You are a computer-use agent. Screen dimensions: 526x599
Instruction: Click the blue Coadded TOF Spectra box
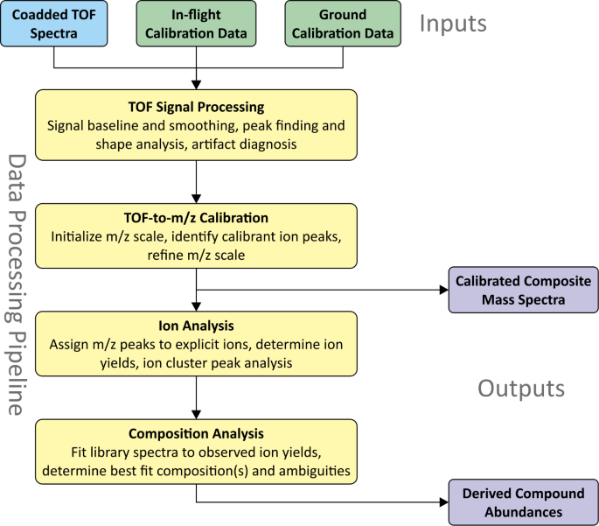54,25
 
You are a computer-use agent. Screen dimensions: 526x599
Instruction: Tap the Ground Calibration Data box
343,25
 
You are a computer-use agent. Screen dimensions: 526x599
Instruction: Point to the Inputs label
453,24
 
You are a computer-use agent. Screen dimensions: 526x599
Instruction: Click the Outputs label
521,388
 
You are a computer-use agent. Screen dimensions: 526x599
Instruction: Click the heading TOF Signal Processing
197,108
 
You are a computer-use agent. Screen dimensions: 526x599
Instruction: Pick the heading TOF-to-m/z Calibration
197,218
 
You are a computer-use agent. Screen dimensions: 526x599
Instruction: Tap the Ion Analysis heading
197,327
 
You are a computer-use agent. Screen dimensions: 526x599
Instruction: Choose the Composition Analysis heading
197,434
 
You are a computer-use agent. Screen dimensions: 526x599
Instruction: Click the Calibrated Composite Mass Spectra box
523,291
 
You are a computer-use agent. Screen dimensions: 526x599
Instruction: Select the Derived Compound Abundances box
523,502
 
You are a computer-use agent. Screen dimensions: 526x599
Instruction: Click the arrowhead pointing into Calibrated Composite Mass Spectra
442,291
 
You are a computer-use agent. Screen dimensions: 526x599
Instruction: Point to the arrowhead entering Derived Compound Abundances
442,502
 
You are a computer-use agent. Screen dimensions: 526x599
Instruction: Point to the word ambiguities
310,470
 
